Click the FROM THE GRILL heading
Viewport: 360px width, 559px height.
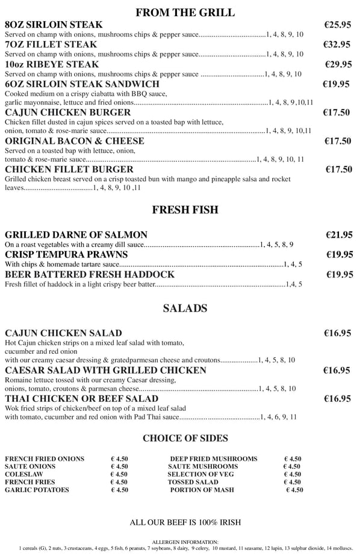click(185, 12)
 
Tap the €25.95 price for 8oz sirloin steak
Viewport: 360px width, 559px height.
click(337, 25)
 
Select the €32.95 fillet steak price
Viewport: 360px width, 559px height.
click(337, 45)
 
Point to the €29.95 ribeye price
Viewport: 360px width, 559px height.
click(338, 64)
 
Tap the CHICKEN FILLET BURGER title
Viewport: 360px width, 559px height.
click(69, 169)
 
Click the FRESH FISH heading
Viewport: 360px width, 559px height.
click(185, 210)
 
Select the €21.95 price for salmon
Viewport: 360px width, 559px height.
click(339, 235)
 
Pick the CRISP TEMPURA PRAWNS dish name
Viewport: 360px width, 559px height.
click(66, 255)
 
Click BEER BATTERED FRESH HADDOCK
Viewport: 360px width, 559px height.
click(90, 274)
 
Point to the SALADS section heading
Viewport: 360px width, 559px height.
click(185, 309)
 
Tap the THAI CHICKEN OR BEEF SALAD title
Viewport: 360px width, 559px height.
click(81, 398)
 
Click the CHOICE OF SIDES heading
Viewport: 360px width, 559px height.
click(185, 438)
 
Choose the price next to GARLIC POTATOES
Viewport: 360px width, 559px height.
click(119, 490)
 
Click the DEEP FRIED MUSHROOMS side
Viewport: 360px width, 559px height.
click(213, 459)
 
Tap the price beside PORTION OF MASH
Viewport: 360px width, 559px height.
click(294, 490)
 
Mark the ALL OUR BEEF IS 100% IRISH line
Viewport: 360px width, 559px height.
click(185, 522)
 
